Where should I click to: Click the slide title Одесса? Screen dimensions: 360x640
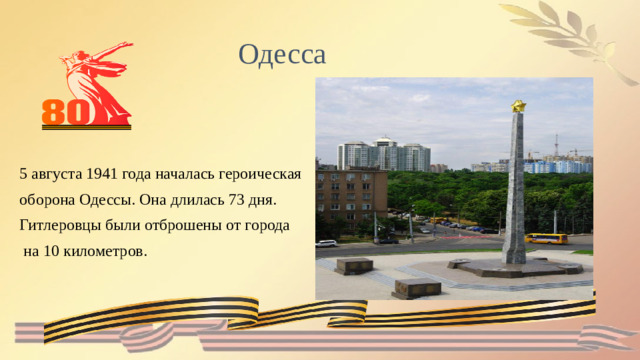pyautogui.click(x=282, y=53)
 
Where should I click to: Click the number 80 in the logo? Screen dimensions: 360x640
pyautogui.click(x=67, y=113)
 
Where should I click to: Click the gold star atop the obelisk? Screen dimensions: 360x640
pyautogui.click(x=518, y=105)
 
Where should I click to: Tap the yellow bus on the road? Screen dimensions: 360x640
pyautogui.click(x=546, y=239)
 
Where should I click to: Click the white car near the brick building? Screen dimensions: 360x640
pyautogui.click(x=327, y=243)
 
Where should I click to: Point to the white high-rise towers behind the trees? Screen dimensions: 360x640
pyautogui.click(x=384, y=155)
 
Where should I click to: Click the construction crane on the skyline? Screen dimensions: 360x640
pyautogui.click(x=556, y=146)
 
